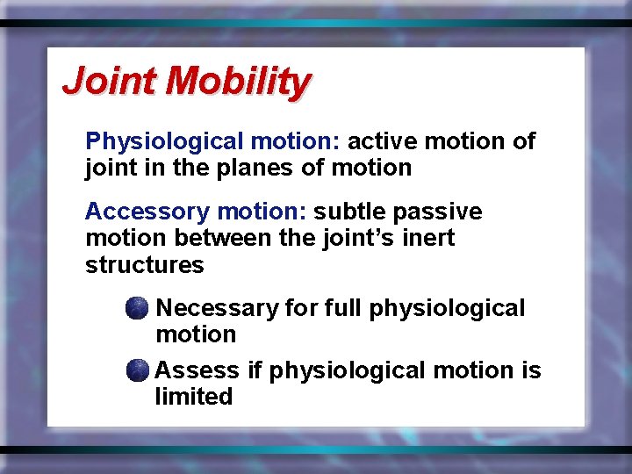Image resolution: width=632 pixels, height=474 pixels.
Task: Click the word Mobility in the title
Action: pos(237,82)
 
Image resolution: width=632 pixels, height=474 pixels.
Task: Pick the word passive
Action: pos(438,212)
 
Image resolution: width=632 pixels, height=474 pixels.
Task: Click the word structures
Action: pos(144,264)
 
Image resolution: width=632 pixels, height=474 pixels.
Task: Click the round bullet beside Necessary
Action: pos(136,308)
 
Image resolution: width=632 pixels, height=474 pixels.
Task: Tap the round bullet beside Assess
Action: pos(136,370)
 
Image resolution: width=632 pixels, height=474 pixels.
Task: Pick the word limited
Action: pos(193,397)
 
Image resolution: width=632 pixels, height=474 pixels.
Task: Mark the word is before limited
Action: pos(531,370)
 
